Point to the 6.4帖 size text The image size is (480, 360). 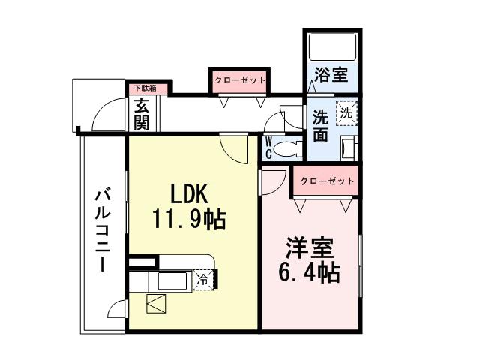pos(310,271)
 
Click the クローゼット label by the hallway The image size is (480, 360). pos(239,79)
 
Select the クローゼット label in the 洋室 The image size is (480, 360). pos(327,181)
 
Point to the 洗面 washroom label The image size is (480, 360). pos(320,126)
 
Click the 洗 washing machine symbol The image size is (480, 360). pos(346,113)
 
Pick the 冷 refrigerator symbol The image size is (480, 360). pos(202,280)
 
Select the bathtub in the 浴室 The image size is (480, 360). pos(332,46)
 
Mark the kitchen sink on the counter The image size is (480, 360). pos(172,280)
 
